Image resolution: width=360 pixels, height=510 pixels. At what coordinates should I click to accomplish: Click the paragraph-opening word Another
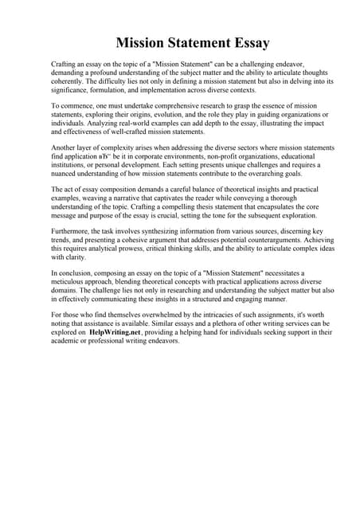[x=66, y=149]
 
